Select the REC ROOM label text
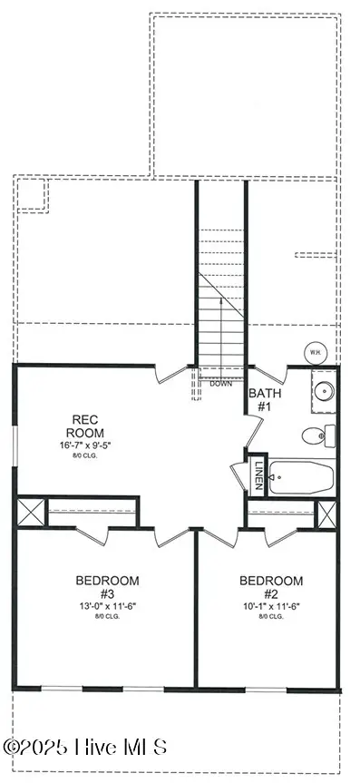point(92,426)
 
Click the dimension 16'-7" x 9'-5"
point(92,445)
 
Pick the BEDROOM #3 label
point(107,587)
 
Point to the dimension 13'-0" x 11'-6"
point(107,606)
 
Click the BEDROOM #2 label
point(271,587)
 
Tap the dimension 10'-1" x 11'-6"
point(271,606)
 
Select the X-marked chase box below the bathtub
point(327,513)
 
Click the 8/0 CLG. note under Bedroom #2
point(271,617)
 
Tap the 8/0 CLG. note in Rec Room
point(92,456)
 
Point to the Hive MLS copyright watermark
point(85,748)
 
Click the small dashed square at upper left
point(33,193)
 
